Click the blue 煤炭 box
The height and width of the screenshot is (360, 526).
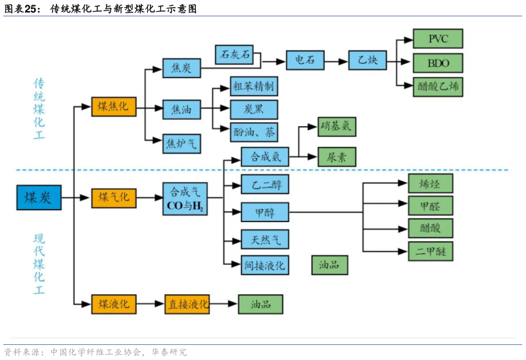[39, 197]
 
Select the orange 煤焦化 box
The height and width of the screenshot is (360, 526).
[114, 106]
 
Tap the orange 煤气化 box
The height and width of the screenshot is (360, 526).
[114, 197]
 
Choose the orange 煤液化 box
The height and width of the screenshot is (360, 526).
[114, 304]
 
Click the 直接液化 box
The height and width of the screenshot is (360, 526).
[187, 304]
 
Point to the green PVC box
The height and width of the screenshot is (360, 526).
[437, 39]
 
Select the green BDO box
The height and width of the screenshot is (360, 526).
[437, 63]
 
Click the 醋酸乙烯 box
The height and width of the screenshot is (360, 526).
[437, 87]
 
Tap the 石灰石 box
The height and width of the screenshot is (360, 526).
[235, 55]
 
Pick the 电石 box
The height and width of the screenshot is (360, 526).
[304, 60]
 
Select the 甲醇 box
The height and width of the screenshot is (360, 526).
[265, 212]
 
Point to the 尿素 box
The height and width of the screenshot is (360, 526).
[337, 157]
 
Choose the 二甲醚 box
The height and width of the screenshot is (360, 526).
[430, 251]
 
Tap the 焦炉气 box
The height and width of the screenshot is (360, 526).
[181, 143]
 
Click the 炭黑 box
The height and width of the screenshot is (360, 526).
[253, 109]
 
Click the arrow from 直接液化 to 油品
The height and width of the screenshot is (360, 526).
[224, 304]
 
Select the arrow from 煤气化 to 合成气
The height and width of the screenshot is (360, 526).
[149, 197]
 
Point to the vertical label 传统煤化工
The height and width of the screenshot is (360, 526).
[41, 109]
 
